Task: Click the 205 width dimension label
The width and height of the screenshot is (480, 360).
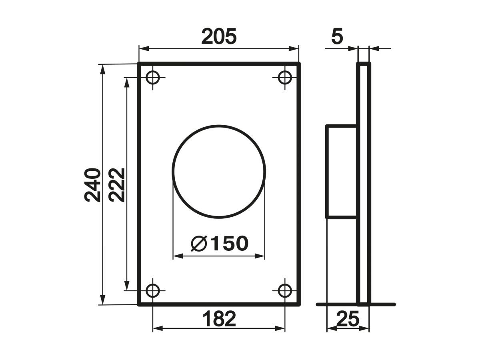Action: [219, 36]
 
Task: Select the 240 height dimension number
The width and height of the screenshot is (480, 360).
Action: [92, 185]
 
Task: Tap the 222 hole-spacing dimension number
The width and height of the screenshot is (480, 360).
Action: [117, 185]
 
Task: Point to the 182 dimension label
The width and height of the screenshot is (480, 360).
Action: [219, 319]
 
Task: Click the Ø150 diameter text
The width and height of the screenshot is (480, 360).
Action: [219, 244]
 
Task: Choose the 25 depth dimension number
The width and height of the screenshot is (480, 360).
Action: [348, 319]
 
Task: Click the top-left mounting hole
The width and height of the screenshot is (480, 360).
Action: [153, 77]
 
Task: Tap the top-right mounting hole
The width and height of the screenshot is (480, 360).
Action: [285, 77]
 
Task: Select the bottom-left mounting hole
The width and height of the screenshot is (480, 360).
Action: [153, 291]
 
